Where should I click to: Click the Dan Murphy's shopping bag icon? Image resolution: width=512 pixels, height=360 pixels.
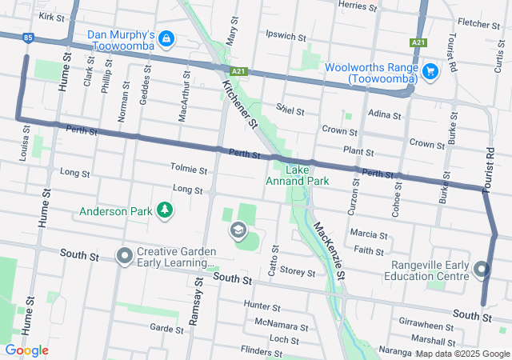coord(166,38)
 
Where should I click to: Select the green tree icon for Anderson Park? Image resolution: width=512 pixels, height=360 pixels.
coord(165,211)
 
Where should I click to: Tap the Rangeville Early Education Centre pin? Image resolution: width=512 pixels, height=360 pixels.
coord(482,270)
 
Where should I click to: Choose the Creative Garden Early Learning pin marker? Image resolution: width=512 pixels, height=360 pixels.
coord(124,256)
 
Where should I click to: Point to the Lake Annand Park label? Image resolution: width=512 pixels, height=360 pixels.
coord(297,175)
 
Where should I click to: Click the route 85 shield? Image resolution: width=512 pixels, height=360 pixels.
coord(29,37)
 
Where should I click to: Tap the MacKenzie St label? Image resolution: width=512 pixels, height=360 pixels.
coord(330,251)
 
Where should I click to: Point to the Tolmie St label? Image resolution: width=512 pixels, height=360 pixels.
coord(189,169)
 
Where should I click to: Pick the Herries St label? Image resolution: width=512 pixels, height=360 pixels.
coord(357,6)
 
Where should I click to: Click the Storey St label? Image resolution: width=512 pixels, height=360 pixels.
coord(298,273)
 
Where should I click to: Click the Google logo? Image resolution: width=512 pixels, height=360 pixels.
coord(26,350)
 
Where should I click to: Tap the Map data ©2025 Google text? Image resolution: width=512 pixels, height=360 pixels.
coord(462,354)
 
